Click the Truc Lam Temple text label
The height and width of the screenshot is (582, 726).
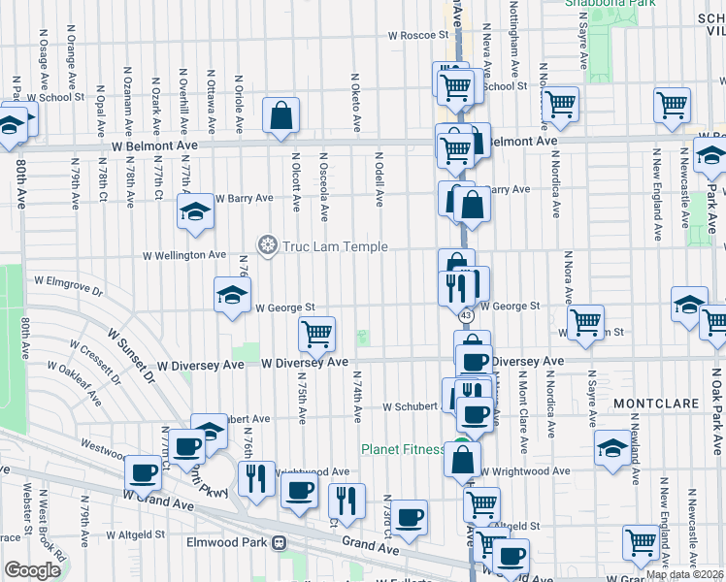point(335,246)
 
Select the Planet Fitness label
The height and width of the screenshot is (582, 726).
point(403,449)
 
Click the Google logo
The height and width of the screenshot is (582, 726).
point(31,569)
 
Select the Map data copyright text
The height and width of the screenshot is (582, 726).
point(685,574)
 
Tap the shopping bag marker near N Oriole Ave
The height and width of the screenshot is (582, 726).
point(280,116)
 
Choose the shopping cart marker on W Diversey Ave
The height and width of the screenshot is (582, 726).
point(316,335)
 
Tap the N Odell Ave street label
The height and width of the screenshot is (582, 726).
point(379,179)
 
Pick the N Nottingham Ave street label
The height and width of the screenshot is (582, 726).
point(512,41)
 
